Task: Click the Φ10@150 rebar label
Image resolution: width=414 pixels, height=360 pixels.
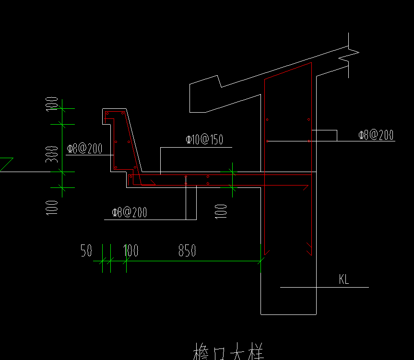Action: coord(204,139)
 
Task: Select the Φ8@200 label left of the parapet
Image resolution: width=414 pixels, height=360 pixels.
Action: coord(84,149)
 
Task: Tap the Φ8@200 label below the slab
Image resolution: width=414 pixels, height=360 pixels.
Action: coord(129,212)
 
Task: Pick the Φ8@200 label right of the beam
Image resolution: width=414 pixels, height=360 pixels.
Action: coord(376,135)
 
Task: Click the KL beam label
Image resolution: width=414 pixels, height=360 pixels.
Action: coord(344,279)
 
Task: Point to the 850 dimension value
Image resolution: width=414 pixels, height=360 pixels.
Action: coord(187,251)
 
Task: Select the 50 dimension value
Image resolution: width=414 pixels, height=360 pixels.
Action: coord(86,251)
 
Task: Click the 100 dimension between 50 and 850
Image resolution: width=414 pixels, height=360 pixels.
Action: coord(131,251)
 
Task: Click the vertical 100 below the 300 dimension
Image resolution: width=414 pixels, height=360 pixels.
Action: coord(52,207)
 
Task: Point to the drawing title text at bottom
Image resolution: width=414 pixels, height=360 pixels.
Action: coord(228,352)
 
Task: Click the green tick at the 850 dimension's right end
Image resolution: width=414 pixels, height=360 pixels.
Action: coord(261,261)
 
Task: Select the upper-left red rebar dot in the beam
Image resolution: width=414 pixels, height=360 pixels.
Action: coord(268,119)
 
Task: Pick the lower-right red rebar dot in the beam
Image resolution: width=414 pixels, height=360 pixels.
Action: coord(309,141)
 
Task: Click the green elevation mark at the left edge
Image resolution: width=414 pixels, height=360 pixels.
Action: coord(6,164)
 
